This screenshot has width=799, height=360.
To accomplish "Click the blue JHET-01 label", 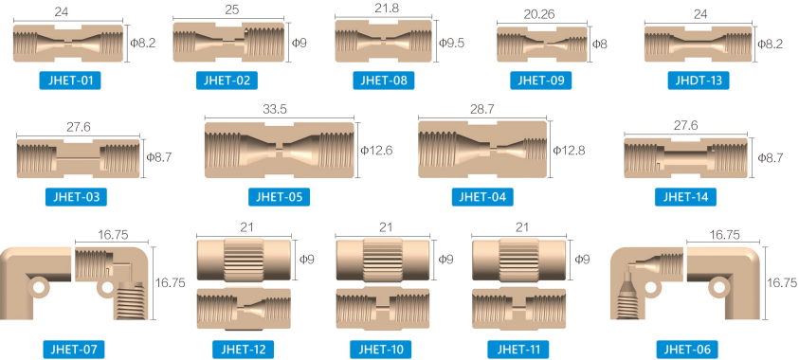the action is (x=70, y=81).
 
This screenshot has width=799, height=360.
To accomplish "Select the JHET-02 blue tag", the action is (x=227, y=81).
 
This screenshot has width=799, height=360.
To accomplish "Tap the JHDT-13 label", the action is (x=699, y=81).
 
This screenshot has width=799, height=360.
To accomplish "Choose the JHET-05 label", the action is (x=280, y=197).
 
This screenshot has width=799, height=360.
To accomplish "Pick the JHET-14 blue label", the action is (x=685, y=197).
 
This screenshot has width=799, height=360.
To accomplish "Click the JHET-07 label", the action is (x=74, y=350).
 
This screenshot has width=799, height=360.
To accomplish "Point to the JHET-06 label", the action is (x=687, y=350).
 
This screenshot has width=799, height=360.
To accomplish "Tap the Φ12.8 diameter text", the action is (x=570, y=151).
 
